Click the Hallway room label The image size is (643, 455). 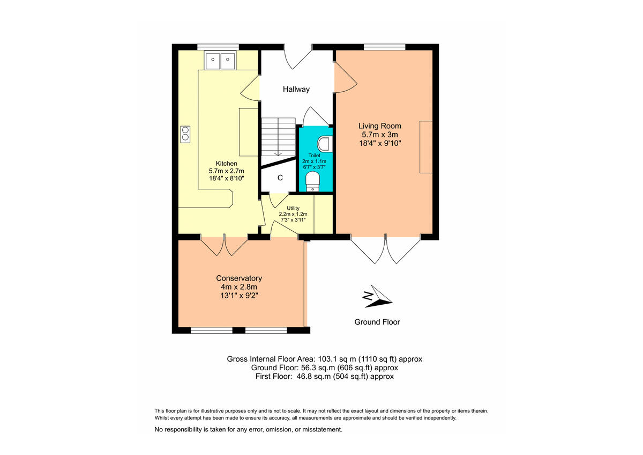pyautogui.click(x=296, y=90)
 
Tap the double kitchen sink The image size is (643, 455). pyautogui.click(x=220, y=61)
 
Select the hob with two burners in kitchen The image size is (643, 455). pyautogui.click(x=185, y=133)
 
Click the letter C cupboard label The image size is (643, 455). pyautogui.click(x=280, y=178)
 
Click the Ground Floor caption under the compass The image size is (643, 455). pyautogui.click(x=377, y=322)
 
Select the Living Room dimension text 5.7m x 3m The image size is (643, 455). pyautogui.click(x=380, y=135)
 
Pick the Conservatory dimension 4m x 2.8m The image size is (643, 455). pyautogui.click(x=238, y=287)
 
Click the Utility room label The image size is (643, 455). pyautogui.click(x=293, y=208)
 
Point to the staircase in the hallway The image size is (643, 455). pyautogui.click(x=278, y=137)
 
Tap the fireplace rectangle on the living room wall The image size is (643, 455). pyautogui.click(x=426, y=147)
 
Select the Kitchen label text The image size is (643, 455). pyautogui.click(x=226, y=164)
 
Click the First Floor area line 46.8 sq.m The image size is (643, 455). pyautogui.click(x=324, y=377)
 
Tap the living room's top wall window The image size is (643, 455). pyautogui.click(x=384, y=47)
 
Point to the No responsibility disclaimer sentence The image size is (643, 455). pyautogui.click(x=248, y=429)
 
